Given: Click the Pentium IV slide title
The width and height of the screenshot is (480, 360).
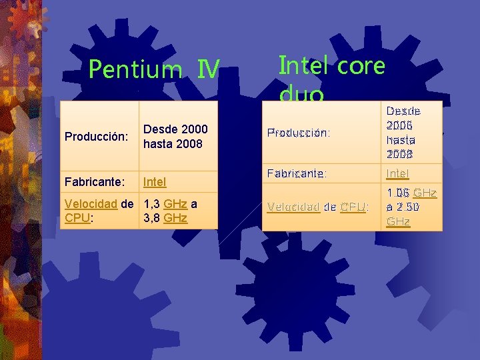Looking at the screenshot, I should coord(153,69).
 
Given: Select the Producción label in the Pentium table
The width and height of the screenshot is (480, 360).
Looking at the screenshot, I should coord(96,137).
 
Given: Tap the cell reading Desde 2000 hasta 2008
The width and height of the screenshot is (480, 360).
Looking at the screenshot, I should coord(175,136).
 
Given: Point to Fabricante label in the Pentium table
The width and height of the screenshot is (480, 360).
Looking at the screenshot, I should coord(94,181).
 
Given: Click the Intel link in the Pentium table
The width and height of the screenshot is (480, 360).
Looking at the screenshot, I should coord(155,181).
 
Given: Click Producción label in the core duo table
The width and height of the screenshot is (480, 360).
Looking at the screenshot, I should coord(298,133).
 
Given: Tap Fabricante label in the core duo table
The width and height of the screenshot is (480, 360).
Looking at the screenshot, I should coord(297,173).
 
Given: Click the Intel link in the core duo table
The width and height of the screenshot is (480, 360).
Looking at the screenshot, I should coord(398,173).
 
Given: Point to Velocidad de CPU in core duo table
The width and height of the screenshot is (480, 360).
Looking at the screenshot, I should coord(317,207).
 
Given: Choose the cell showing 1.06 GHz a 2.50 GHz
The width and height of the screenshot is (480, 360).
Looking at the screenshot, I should coord(411,207).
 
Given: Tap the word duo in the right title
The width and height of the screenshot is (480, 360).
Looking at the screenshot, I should coord(302,95).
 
